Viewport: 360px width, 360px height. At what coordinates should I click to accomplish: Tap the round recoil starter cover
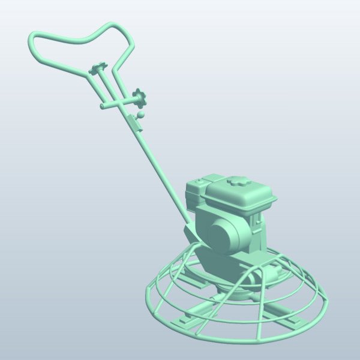tap(225, 235)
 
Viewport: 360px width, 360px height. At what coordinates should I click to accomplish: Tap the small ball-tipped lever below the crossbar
tap(142, 113)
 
